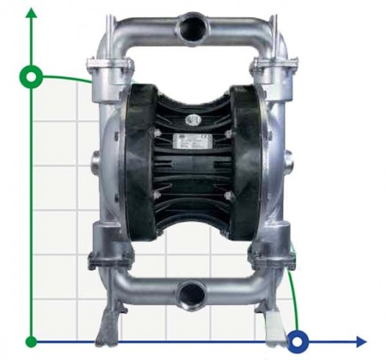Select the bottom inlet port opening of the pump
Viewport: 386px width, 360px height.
point(192,292)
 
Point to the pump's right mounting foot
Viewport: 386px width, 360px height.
point(271,320)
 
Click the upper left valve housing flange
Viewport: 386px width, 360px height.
point(109,69)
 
